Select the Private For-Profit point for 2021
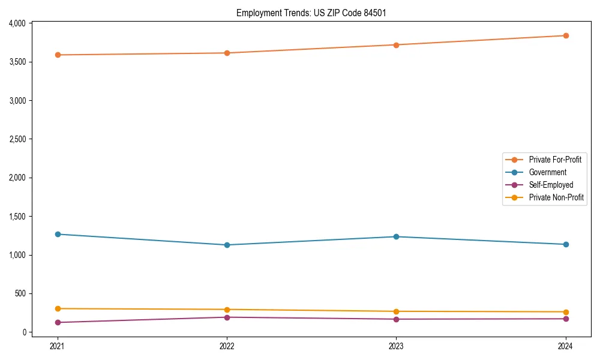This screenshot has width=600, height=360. [x=58, y=55]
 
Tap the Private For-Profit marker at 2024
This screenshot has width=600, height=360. [x=566, y=36]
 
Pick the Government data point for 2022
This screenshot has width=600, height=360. [x=227, y=245]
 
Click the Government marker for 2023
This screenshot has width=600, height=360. [x=397, y=236]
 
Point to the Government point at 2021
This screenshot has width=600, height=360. [x=58, y=234]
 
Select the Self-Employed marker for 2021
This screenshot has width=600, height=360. [x=58, y=322]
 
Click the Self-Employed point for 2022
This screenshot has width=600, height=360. [x=227, y=317]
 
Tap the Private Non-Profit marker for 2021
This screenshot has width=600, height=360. [x=58, y=308]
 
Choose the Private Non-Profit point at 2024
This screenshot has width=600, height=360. [x=566, y=312]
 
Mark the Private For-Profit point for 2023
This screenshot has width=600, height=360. [x=397, y=45]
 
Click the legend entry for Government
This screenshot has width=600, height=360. [x=547, y=172]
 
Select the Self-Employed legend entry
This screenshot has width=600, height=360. [x=551, y=185]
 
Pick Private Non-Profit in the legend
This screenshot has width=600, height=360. [x=556, y=197]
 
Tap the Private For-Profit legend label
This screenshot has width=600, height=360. [x=555, y=160]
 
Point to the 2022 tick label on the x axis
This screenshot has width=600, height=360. [x=227, y=346]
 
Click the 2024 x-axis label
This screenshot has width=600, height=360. [x=566, y=346]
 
